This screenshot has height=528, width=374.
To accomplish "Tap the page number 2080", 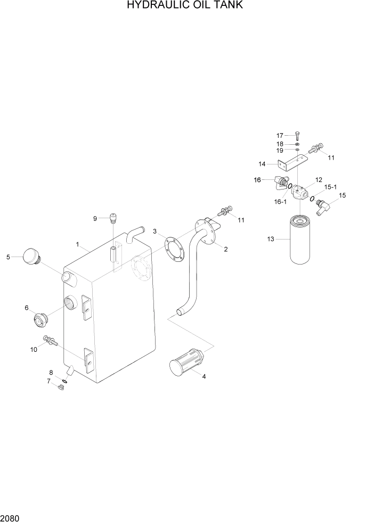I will point(10,517).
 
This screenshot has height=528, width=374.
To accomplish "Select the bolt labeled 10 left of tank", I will point(50,341).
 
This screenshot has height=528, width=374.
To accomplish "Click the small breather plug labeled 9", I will point(113,217).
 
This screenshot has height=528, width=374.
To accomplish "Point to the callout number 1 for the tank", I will point(78,245).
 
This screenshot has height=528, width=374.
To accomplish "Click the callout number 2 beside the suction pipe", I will point(226,249).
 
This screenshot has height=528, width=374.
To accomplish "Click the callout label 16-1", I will point(281,202).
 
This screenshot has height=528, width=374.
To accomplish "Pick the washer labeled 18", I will point(297,144).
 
